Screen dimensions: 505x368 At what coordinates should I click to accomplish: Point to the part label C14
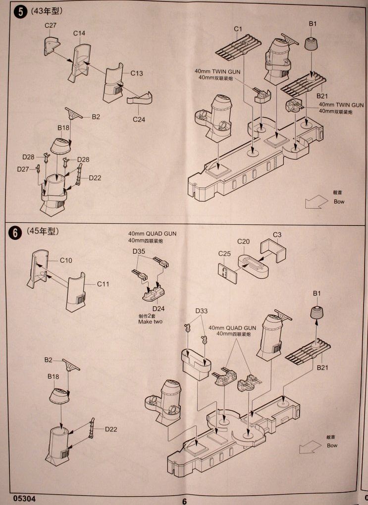tap(79, 33)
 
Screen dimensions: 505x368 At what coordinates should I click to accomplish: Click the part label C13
tap(137, 73)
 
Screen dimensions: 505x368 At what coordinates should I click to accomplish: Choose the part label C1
tap(238, 29)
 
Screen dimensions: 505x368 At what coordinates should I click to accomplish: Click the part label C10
tap(66, 260)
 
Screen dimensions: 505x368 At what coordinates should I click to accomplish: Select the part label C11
tap(103, 284)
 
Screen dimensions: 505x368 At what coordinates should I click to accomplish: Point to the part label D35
tap(139, 251)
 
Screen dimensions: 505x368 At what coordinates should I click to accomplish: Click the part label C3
tap(277, 234)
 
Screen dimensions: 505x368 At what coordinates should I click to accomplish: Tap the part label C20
tap(243, 241)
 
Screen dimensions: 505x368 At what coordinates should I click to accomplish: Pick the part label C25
tap(224, 254)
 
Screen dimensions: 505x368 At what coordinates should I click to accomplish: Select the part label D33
tap(202, 311)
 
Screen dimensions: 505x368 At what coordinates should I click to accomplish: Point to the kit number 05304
tap(25, 498)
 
